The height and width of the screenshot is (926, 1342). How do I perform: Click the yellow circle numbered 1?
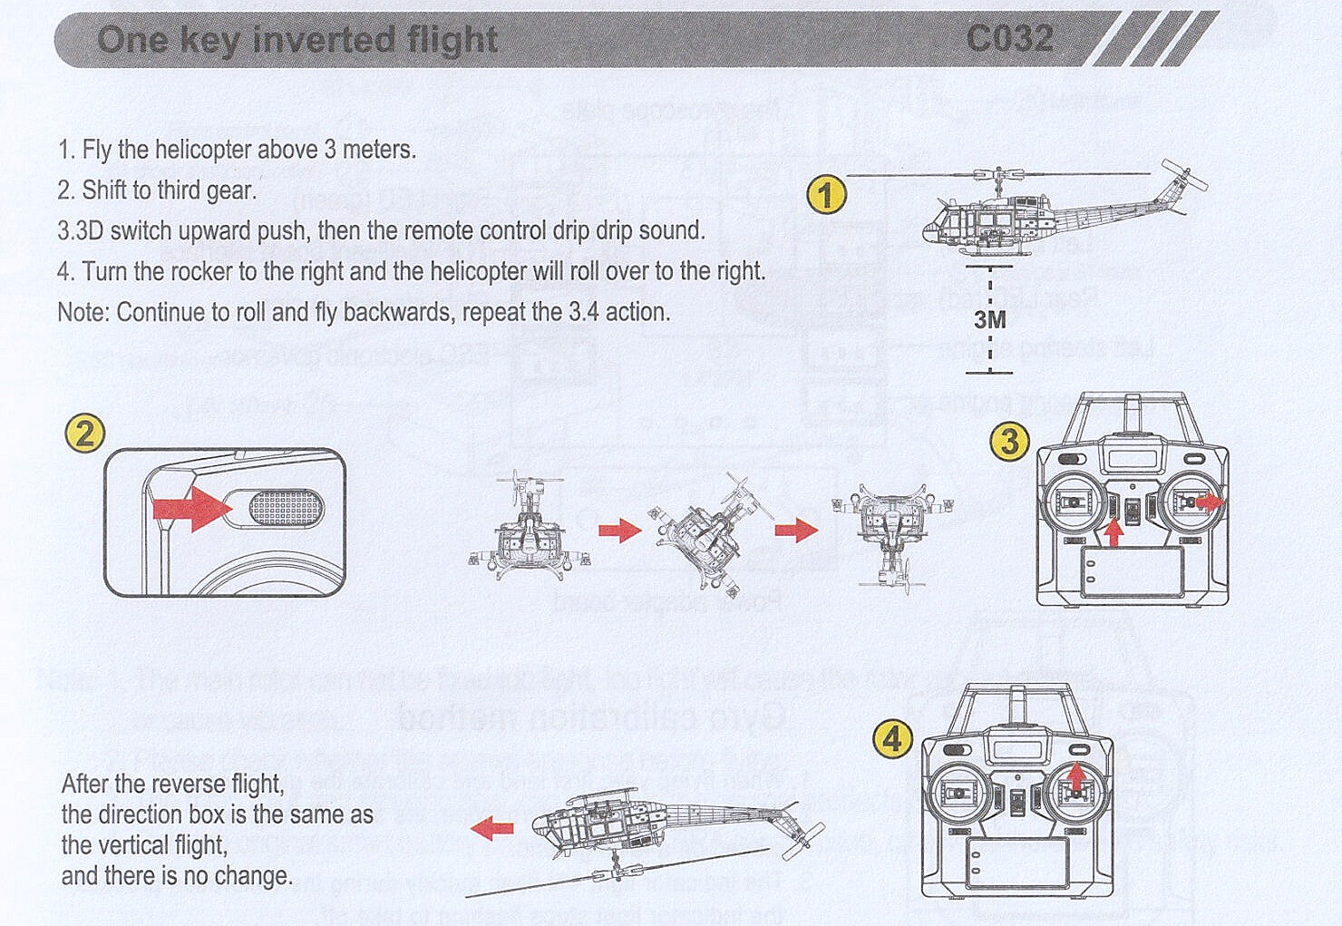(826, 195)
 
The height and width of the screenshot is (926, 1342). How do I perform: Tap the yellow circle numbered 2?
(84, 433)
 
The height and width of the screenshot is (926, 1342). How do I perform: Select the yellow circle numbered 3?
(1009, 442)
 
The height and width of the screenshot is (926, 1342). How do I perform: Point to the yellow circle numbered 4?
(892, 739)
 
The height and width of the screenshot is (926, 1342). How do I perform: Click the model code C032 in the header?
(1009, 39)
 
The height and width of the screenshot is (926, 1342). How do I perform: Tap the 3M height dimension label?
(989, 319)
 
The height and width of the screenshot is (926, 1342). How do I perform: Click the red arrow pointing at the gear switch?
(191, 508)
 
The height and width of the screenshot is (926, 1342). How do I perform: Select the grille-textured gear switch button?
(285, 508)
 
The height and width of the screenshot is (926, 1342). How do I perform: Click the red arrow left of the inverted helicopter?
(492, 827)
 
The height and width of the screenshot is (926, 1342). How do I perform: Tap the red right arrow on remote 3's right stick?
(1210, 502)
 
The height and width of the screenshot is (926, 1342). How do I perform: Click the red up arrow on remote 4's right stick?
(1075, 777)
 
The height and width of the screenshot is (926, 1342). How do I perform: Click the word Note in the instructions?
(83, 312)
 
